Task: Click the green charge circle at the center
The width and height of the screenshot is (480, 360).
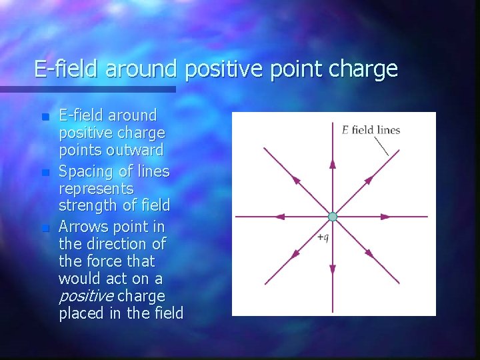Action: pos(333,217)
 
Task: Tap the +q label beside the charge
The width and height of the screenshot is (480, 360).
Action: pos(323,237)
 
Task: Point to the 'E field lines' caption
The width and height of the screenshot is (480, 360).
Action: pos(371,130)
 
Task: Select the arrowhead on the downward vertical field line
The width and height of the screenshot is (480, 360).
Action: pos(333,268)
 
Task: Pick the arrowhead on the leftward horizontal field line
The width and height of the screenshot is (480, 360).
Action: pos(280,217)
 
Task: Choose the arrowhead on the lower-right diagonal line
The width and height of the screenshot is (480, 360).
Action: pos(369,253)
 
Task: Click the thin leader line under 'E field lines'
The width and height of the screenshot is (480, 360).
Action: pos(381,146)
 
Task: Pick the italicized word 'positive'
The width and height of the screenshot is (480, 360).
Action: pos(85,295)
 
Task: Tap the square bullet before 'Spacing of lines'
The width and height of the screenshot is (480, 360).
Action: pos(45,173)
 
